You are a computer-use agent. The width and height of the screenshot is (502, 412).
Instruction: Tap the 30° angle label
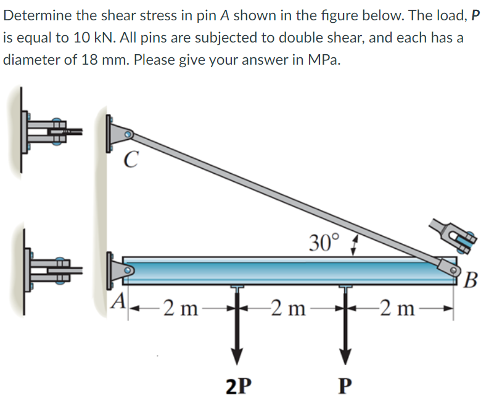[x=324, y=243]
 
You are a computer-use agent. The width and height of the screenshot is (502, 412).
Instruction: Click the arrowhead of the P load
[x=345, y=357]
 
